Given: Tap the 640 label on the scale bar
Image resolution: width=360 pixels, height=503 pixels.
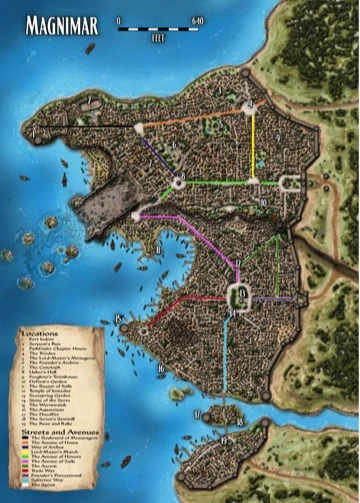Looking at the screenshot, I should pyautogui.click(x=197, y=20).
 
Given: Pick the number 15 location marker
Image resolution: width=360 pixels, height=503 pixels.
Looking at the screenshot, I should pyautogui.click(x=119, y=319).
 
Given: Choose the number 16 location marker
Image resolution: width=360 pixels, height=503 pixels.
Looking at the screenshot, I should pyautogui.click(x=160, y=369).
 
